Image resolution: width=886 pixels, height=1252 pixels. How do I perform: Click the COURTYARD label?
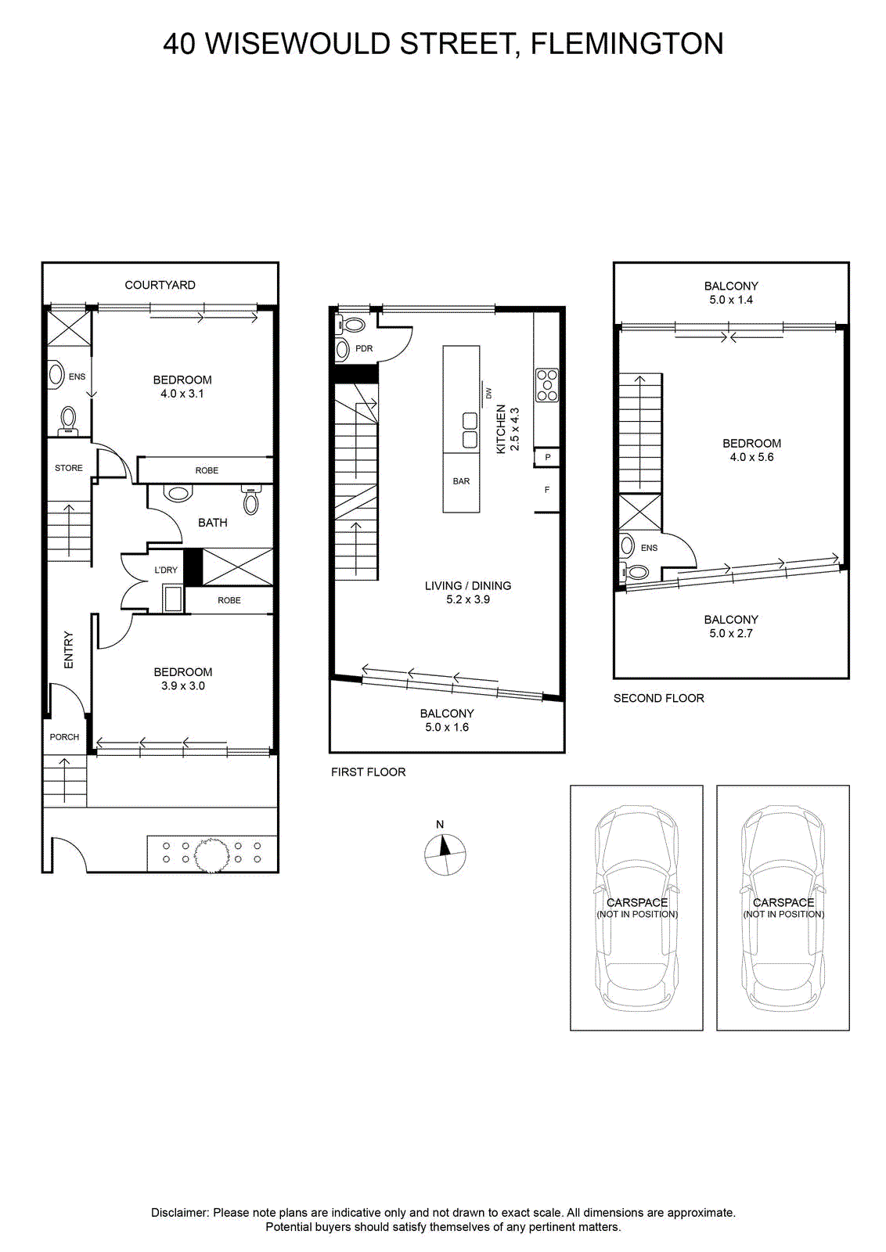(x=160, y=285)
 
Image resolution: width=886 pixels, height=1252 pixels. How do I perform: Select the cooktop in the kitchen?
(x=546, y=385)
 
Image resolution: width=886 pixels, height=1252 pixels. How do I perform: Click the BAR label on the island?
(x=461, y=480)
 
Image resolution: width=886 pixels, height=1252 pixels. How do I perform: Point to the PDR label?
(x=364, y=348)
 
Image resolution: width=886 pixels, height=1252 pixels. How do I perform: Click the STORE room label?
(x=69, y=468)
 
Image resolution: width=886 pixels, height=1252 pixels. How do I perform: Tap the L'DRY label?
(x=165, y=570)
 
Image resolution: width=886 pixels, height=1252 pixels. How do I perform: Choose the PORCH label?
(x=64, y=736)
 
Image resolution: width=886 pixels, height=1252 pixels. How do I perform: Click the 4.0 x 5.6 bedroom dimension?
(x=751, y=457)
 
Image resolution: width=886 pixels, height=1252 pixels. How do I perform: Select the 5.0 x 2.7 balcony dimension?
(x=730, y=633)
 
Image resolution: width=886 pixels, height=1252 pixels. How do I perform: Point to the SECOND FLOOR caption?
(x=658, y=698)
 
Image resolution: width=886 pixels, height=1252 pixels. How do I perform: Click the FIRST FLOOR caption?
(x=369, y=772)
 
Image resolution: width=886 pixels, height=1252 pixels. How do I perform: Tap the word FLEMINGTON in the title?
(x=627, y=44)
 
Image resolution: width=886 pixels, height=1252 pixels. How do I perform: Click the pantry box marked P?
(x=547, y=457)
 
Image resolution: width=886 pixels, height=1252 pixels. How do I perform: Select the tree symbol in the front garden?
(x=211, y=854)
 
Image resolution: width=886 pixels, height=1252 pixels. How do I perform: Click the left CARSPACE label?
(x=636, y=902)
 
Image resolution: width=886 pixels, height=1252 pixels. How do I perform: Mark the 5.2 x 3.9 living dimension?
(x=468, y=599)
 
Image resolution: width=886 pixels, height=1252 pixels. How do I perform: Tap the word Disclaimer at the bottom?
(x=180, y=1212)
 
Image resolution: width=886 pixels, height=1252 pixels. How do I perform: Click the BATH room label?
(x=212, y=523)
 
